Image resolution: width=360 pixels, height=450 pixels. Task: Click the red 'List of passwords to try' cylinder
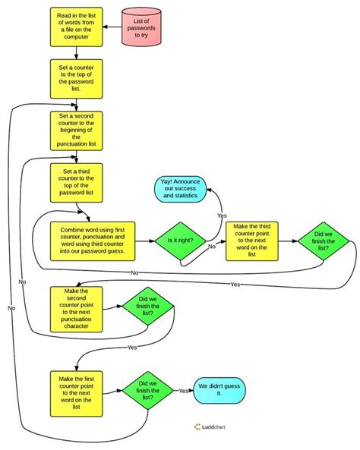[145, 28]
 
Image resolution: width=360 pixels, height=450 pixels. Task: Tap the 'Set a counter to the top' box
[76, 78]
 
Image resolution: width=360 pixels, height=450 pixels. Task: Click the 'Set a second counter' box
[76, 130]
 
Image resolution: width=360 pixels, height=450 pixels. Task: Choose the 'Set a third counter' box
[76, 181]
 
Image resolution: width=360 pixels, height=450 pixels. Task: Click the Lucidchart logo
[215, 426]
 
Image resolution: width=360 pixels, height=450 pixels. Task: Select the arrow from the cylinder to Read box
[112, 28]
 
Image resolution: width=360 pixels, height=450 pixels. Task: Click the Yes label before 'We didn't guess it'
[183, 391]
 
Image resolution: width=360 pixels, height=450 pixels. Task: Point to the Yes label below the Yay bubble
[222, 216]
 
